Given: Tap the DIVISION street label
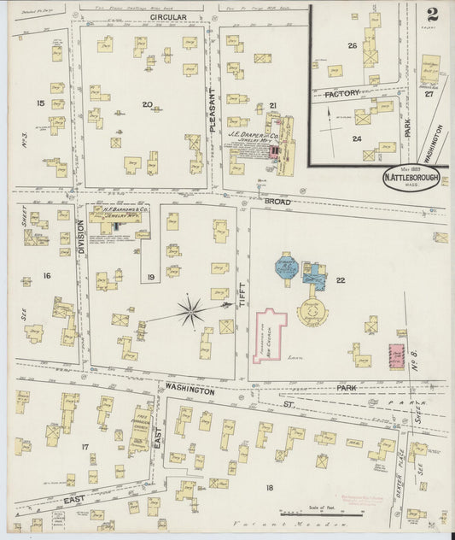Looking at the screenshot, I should pos(82,236).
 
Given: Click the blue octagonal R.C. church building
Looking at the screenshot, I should pos(285,265).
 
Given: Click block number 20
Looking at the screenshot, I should pos(147,105).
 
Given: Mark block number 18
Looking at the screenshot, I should pos(270,488).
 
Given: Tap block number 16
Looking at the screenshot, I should pos(46,275).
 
